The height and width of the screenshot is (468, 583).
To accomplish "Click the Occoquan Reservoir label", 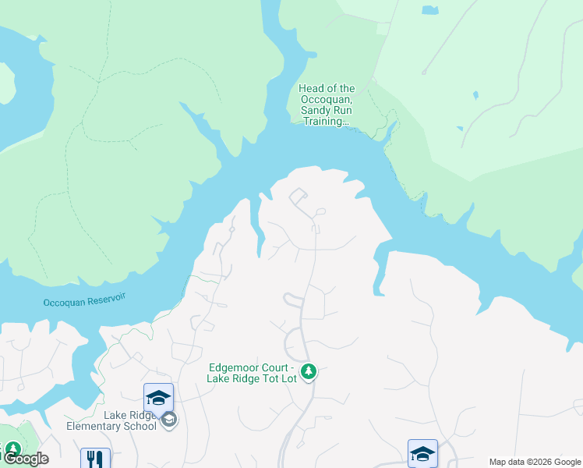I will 84,300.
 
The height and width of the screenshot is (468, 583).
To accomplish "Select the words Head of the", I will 327,89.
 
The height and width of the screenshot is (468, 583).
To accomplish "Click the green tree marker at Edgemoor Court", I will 309,370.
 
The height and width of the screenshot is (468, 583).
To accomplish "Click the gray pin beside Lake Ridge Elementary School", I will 169,420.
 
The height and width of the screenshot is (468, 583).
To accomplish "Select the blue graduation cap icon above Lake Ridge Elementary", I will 158,397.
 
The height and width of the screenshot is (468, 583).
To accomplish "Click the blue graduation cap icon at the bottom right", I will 422,453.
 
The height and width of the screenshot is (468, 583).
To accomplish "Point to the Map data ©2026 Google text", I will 534,462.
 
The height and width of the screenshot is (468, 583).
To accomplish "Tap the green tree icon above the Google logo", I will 12,449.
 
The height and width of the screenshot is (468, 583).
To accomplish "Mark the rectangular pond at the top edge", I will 429,10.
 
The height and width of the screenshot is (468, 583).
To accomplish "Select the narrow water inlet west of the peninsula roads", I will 256,230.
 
